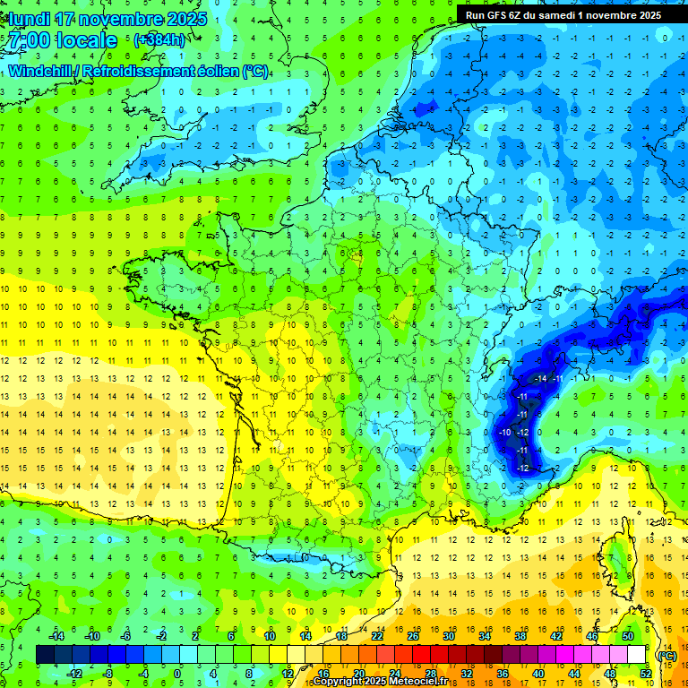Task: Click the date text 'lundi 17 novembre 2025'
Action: pos(105,19)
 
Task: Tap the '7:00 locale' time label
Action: pos(62,40)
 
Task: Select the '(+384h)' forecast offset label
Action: pos(159,39)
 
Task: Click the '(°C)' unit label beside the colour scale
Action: pos(666,656)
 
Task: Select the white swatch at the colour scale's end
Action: pos(636,655)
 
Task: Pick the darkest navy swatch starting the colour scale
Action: pos(45,655)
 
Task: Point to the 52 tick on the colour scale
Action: pos(646,674)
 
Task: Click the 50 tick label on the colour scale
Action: pos(628,636)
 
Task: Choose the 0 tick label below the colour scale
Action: pos(177,674)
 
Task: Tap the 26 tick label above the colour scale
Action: pos(413,636)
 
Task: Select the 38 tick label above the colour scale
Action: pos(520,636)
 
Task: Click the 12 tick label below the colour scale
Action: pos(287,674)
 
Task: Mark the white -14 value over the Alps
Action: pos(540,379)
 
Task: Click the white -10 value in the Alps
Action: pos(506,433)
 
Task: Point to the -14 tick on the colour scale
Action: pos(56,636)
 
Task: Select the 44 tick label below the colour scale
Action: pos(574,674)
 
